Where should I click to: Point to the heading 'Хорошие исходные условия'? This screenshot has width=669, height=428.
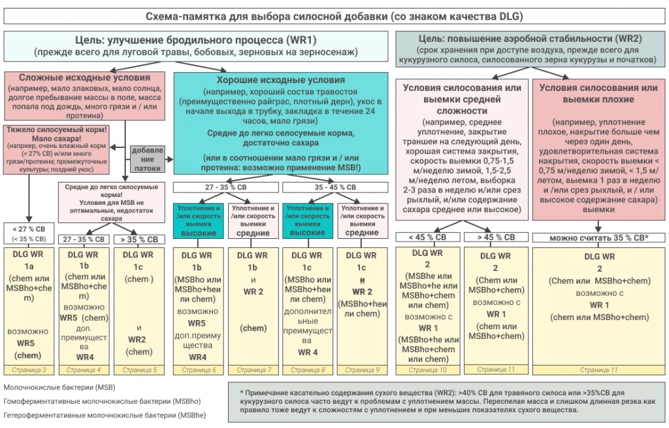pyautogui.click(x=284, y=80)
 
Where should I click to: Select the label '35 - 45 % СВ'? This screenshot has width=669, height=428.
pyautogui.click(x=337, y=187)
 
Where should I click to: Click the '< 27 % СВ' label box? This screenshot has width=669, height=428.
pyautogui.click(x=28, y=233)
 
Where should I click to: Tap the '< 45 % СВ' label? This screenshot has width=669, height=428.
pyautogui.click(x=428, y=237)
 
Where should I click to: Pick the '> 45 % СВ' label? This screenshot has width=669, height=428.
pyautogui.click(x=497, y=237)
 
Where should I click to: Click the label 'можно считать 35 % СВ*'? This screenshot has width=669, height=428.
pyautogui.click(x=599, y=237)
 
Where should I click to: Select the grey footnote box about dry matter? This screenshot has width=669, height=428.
pyautogui.click(x=446, y=401)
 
